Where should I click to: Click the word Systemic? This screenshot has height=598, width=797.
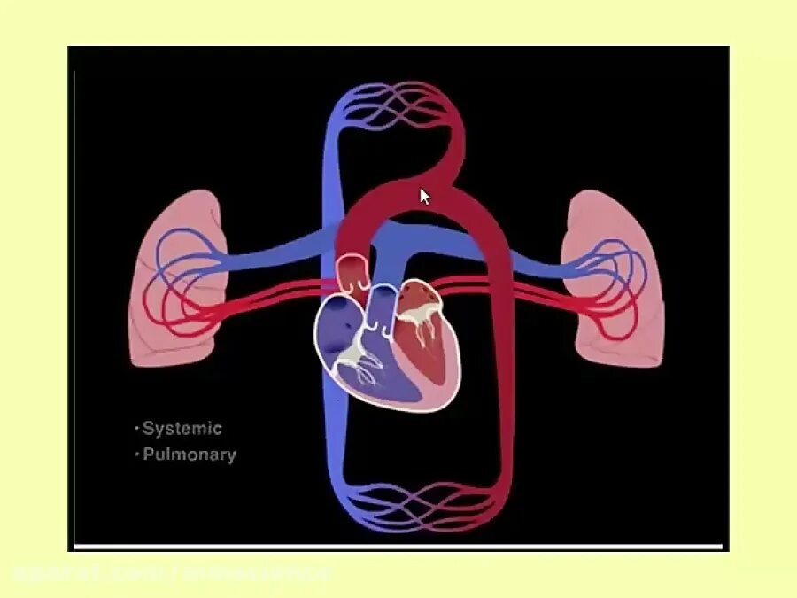tap(182, 429)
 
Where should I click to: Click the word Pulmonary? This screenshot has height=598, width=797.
tap(190, 455)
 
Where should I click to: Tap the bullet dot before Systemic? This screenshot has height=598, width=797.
tap(136, 429)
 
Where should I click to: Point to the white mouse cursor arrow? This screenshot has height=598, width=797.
tap(425, 196)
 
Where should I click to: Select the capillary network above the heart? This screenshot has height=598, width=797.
tap(397, 108)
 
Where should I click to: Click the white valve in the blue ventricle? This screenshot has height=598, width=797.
tap(354, 355)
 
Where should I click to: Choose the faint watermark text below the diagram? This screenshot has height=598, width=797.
tap(168, 574)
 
